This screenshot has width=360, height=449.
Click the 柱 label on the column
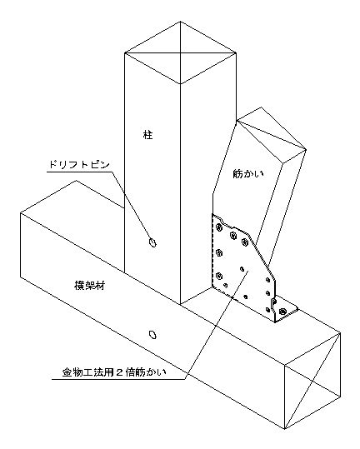pyautogui.click(x=148, y=135)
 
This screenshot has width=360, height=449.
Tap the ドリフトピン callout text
pyautogui.click(x=79, y=165)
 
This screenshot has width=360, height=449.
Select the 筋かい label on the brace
pyautogui.click(x=247, y=174)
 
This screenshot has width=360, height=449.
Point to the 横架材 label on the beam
pyautogui.click(x=90, y=286)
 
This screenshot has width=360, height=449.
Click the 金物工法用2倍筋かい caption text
pyautogui.click(x=113, y=372)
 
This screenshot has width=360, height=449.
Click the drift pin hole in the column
pyautogui.click(x=152, y=242)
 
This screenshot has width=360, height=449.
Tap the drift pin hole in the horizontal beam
pyautogui.click(x=153, y=334)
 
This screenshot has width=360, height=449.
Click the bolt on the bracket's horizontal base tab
pyautogui.click(x=282, y=311)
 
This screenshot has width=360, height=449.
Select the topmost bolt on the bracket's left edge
pyautogui.click(x=219, y=227)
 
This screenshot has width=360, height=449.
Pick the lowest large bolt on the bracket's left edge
pyautogui.click(x=219, y=276)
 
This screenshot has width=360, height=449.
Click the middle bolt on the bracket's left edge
pyautogui.click(x=219, y=252)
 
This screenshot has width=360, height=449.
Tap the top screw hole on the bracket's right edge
pyautogui.click(x=268, y=280)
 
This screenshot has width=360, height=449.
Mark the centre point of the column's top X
pyautogui.click(x=180, y=53)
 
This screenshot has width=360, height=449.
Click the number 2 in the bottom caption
pyautogui.click(x=120, y=373)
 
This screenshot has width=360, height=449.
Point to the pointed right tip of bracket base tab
pyautogui.click(x=297, y=309)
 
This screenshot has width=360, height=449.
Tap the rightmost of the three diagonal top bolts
pyautogui.click(x=245, y=242)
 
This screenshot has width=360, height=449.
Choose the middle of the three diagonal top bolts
pyautogui.click(x=232, y=236)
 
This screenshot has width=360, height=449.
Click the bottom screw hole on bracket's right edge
pyautogui.click(x=268, y=310)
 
